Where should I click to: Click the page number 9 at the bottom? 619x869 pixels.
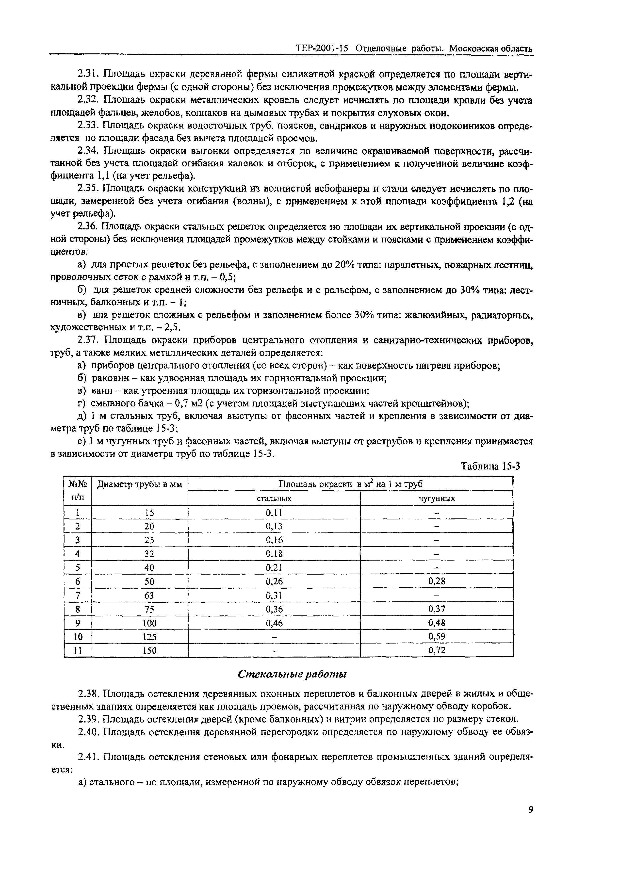pos(531,820)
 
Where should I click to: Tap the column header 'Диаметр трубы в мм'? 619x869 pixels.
pos(140,485)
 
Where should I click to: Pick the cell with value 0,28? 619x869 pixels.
pos(437,581)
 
